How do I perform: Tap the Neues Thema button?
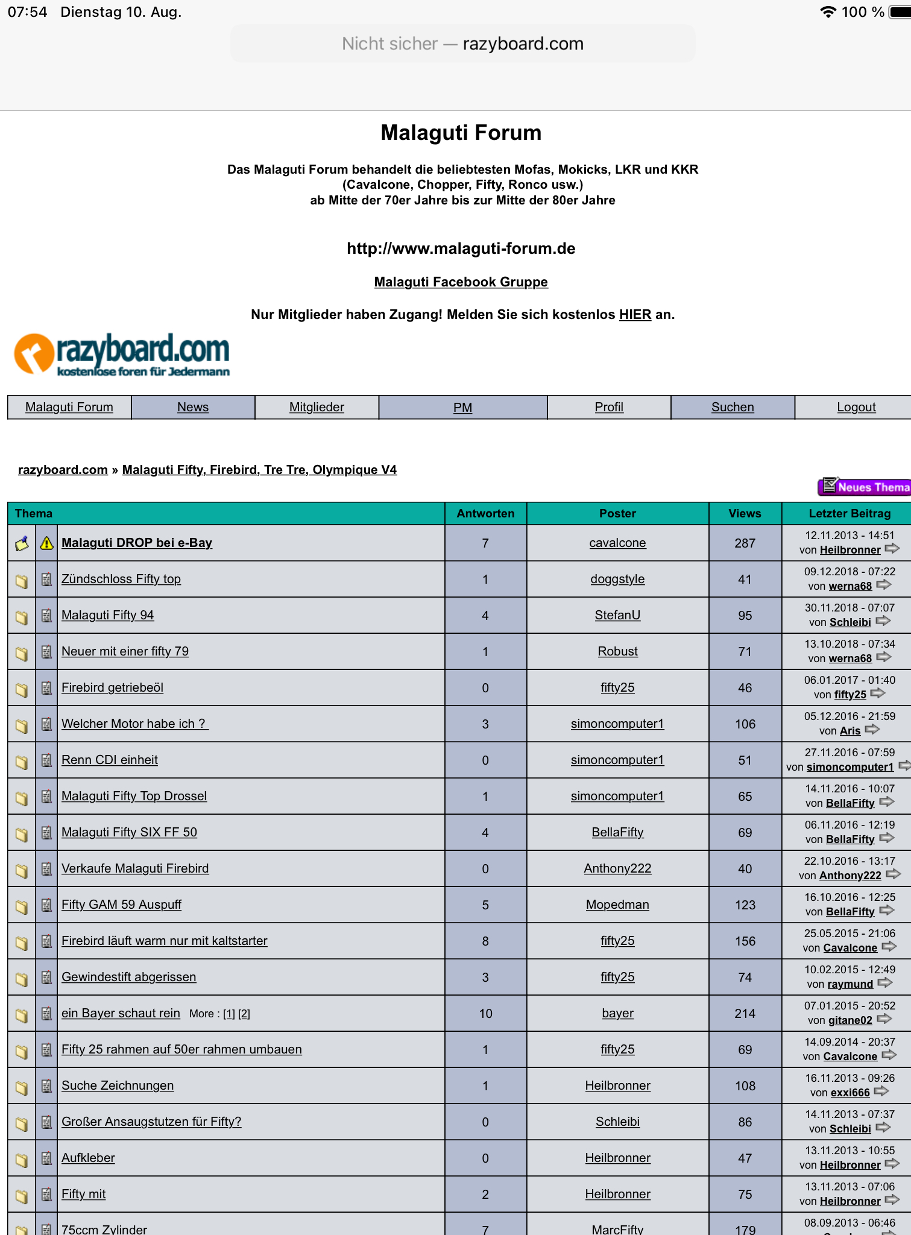tap(865, 487)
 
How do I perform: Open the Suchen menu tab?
tap(733, 407)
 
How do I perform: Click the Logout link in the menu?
tap(856, 407)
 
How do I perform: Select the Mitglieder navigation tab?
tap(317, 407)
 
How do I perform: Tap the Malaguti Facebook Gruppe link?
tap(461, 282)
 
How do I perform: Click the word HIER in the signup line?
tap(635, 314)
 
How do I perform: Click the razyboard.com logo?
tap(122, 355)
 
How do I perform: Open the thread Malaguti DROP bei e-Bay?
tap(137, 543)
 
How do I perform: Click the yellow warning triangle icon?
tap(46, 543)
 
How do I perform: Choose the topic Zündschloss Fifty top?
tap(121, 579)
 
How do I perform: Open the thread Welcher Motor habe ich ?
tap(134, 724)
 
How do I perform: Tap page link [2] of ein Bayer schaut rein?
tap(244, 1014)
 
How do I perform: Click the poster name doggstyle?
tap(617, 579)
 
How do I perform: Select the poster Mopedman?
tap(617, 905)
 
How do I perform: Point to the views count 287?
tap(745, 543)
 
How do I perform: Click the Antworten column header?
tap(485, 513)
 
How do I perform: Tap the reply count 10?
tap(485, 1014)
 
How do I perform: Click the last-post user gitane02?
tap(850, 1020)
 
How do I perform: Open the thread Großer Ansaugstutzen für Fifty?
tap(151, 1122)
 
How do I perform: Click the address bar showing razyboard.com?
tap(462, 43)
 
